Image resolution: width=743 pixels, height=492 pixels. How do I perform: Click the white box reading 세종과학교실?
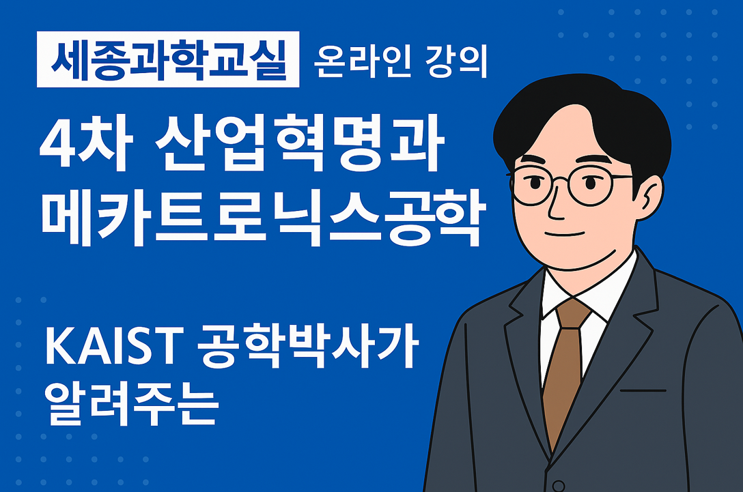point(168,59)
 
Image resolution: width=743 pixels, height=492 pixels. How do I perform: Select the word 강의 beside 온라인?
point(457,61)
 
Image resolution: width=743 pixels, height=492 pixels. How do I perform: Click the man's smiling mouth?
point(564,233)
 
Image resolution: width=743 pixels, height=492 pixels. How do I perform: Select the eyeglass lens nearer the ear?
point(591,186)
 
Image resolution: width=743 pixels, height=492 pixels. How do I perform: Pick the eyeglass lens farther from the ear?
point(532,186)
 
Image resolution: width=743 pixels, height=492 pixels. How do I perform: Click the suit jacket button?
point(558,486)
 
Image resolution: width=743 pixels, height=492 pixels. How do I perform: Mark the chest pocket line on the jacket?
point(643,390)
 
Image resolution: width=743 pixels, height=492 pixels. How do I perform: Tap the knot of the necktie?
point(572,313)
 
